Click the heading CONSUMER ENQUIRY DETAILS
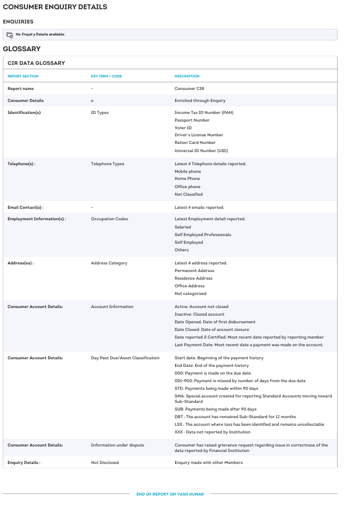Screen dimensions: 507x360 pyautogui.click(x=55, y=7)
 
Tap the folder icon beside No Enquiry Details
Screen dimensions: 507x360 pyautogui.click(x=9, y=34)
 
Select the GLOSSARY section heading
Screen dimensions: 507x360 pyautogui.click(x=22, y=49)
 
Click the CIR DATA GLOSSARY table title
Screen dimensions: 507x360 pyautogui.click(x=36, y=63)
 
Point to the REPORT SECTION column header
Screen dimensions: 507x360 pyautogui.click(x=23, y=76)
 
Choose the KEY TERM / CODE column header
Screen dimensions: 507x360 pyautogui.click(x=106, y=76)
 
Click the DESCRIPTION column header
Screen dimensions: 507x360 pyautogui.click(x=187, y=76)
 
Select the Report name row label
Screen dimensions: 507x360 pyautogui.click(x=20, y=88)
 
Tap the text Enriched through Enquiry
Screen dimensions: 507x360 pyautogui.click(x=200, y=100)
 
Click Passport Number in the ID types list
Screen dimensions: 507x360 pyautogui.click(x=192, y=120)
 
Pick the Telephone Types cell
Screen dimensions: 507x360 pyautogui.click(x=107, y=164)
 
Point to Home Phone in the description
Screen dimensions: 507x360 pyautogui.click(x=187, y=179)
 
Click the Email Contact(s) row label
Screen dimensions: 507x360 pyautogui.click(x=25, y=207)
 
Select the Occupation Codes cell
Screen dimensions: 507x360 pyautogui.click(x=110, y=219)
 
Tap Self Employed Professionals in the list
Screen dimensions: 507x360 pyautogui.click(x=202, y=234)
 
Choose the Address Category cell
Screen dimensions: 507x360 pyautogui.click(x=109, y=263)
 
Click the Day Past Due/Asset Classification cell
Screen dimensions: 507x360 pyautogui.click(x=125, y=358)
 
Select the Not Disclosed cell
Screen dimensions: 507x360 pyautogui.click(x=105, y=462)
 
